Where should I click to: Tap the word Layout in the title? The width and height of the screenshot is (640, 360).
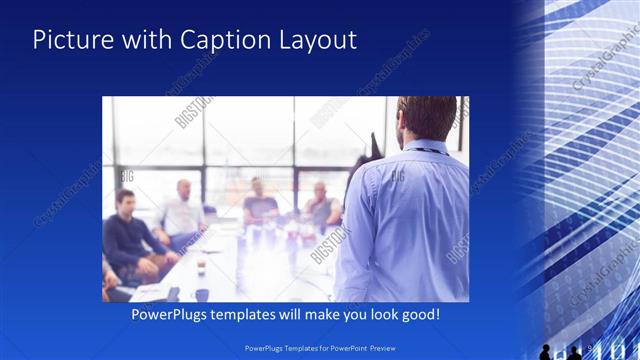click(315, 40)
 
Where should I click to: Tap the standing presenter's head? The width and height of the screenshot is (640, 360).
click(426, 118)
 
